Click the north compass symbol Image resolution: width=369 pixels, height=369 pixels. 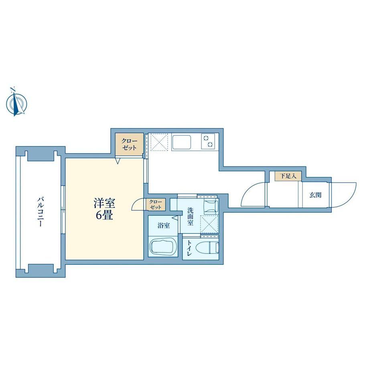16,102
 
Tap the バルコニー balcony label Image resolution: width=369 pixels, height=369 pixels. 41,212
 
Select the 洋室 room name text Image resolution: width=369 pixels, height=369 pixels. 105,204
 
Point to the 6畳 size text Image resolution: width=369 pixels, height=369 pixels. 105,215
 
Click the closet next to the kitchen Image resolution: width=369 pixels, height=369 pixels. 129,144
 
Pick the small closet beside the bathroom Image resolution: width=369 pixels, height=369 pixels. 156,205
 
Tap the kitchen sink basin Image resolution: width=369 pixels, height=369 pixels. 181,142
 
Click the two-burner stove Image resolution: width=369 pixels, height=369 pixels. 208,141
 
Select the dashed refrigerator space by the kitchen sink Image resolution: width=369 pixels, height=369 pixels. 159,142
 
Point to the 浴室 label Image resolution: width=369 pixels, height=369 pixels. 164,225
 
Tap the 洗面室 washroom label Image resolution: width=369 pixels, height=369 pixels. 191,216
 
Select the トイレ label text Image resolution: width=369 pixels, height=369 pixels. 189,247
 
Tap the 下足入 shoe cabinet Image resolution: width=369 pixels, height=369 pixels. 288,176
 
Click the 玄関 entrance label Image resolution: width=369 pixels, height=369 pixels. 315,195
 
